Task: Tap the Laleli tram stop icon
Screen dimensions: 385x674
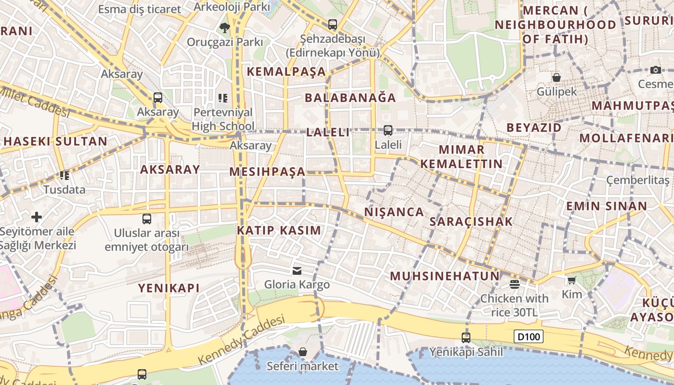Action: click(388, 130)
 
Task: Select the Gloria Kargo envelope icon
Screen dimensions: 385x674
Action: click(297, 271)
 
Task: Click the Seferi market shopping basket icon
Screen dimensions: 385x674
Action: click(303, 352)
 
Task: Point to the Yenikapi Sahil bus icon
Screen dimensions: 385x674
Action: click(466, 338)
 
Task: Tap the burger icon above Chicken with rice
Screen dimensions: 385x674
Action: click(514, 284)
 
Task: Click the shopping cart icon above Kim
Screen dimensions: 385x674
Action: click(571, 280)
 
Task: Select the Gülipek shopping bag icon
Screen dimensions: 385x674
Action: click(557, 77)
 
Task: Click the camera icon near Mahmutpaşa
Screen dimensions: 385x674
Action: click(655, 70)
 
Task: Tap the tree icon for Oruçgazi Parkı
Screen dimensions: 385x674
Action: click(224, 28)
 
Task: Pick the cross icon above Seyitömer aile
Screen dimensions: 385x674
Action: click(37, 217)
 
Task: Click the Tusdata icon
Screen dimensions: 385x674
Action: click(65, 176)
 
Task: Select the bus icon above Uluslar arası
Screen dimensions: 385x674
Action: click(147, 219)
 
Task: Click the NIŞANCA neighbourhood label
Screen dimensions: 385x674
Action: click(394, 212)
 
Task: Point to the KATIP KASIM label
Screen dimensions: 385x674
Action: click(279, 231)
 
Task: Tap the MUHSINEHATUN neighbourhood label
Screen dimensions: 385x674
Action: click(445, 276)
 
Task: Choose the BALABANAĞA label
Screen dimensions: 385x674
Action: click(350, 98)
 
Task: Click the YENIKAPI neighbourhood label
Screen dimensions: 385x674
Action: click(168, 288)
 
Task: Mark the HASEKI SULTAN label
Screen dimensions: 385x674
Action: click(55, 141)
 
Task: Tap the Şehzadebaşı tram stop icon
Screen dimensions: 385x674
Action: click(332, 25)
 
